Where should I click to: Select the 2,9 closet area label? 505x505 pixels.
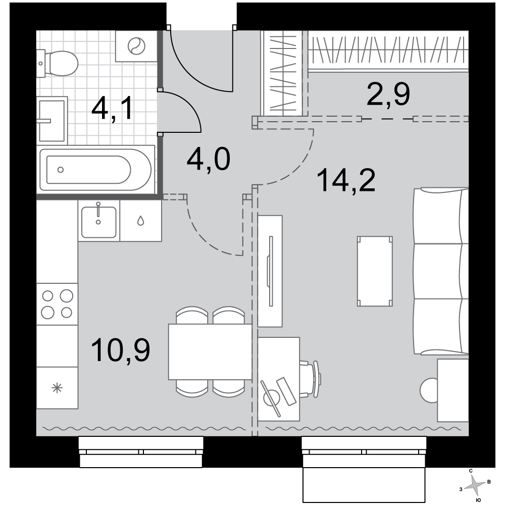tap(388, 94)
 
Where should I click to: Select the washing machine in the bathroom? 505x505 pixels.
tap(136, 46)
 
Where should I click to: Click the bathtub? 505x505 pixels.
tap(95, 169)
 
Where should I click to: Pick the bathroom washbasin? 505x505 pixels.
tap(52, 121)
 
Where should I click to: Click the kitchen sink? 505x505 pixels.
tap(98, 221)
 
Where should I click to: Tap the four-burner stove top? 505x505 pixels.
tap(57, 304)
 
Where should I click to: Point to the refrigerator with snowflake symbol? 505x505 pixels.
tap(57, 388)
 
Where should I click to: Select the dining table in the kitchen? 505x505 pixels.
tap(210, 351)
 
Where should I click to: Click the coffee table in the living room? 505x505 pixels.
tap(375, 271)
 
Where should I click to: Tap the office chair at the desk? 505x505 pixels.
tap(311, 379)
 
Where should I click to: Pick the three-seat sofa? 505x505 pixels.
tap(440, 272)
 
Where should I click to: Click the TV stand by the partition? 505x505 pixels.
tap(270, 271)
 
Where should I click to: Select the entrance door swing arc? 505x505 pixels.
tap(200, 61)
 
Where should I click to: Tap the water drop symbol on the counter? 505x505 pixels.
tap(140, 221)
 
